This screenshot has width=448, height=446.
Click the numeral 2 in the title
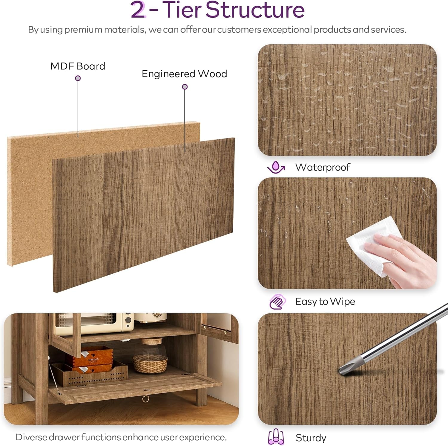(x=138, y=10)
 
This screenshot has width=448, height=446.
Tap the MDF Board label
(x=78, y=66)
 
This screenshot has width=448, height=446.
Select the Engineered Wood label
(x=184, y=74)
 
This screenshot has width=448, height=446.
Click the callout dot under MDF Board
(x=78, y=78)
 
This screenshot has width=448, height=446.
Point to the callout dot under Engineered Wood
(x=185, y=87)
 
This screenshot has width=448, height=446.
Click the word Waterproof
(x=323, y=167)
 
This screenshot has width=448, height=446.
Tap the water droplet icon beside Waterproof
(x=276, y=167)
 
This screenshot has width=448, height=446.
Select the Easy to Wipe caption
(x=325, y=302)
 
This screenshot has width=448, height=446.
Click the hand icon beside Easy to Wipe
(x=277, y=302)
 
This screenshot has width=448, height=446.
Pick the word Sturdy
(x=311, y=438)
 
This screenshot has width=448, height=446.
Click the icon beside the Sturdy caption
(x=276, y=437)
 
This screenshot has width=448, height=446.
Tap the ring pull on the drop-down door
(x=145, y=399)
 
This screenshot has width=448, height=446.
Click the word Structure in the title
(x=255, y=10)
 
